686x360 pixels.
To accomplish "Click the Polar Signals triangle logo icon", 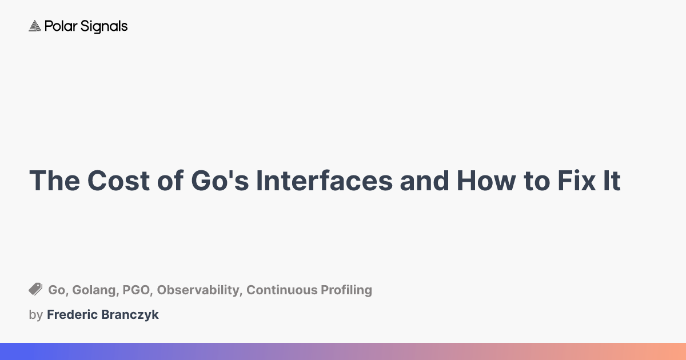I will click(35, 26).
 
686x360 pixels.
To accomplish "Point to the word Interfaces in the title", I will click(324, 181).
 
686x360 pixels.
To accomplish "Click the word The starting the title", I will click(54, 181).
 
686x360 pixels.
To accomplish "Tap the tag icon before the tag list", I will click(35, 290).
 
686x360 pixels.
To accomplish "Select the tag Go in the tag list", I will click(56, 290).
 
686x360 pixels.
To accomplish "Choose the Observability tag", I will click(198, 290).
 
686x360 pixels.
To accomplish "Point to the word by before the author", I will click(35, 315).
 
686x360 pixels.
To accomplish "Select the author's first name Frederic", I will click(71, 315).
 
